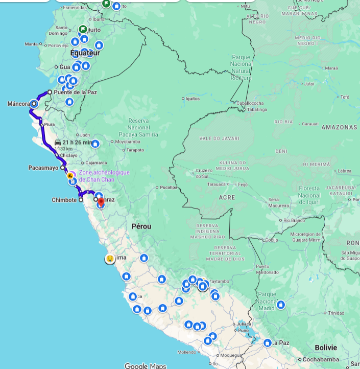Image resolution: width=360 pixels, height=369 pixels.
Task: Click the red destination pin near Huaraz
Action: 101,203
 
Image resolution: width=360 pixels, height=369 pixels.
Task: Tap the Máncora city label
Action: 18,104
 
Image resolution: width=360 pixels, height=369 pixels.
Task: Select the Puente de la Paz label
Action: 75,92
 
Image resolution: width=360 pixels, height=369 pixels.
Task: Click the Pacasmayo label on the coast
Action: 43,167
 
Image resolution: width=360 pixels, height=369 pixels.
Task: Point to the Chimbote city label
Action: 64,200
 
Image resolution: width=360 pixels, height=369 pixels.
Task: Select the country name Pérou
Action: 141,226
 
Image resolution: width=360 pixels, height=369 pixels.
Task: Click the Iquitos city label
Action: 192,98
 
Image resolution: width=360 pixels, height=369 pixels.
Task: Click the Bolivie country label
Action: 326,347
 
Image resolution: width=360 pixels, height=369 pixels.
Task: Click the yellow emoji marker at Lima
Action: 110,259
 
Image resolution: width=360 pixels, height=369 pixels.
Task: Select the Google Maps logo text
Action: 145,365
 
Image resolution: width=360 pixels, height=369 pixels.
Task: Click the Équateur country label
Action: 85,53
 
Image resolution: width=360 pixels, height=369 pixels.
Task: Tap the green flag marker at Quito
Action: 83,29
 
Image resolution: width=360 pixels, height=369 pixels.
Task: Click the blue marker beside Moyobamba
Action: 94,144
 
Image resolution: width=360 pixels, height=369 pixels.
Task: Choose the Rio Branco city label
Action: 294,220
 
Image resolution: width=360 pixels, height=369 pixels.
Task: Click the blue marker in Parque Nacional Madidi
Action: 280,305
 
